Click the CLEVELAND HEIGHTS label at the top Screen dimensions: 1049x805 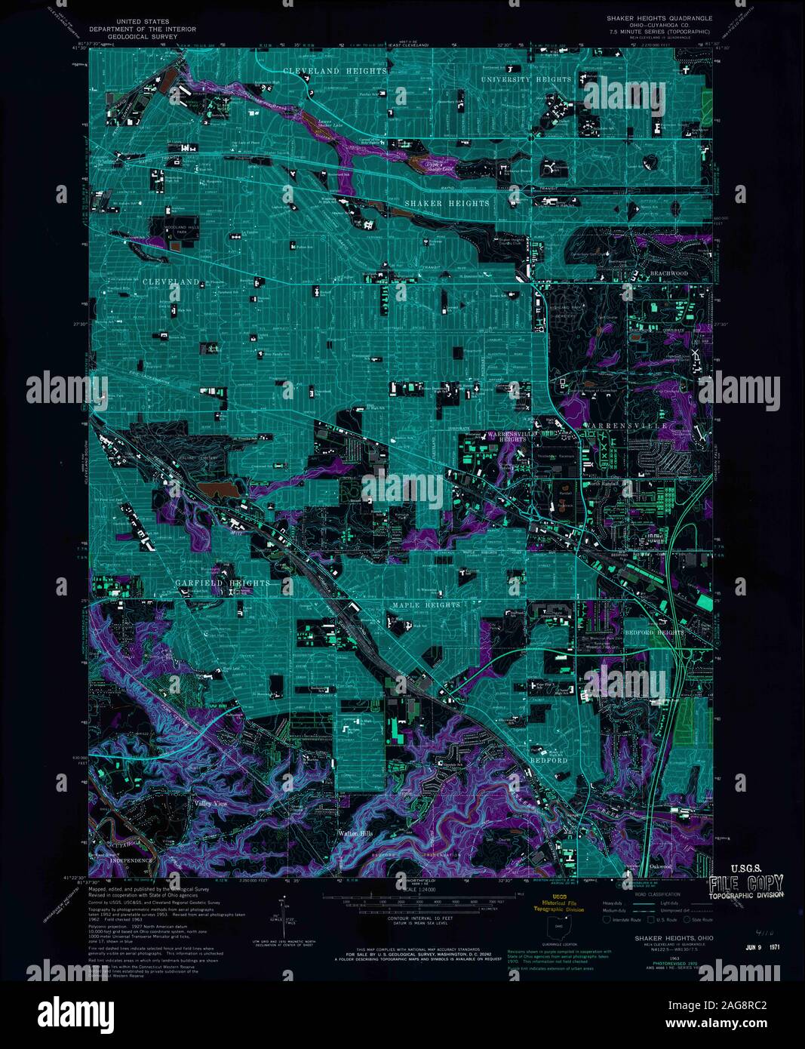(x=335, y=71)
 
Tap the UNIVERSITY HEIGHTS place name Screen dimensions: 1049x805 (x=527, y=79)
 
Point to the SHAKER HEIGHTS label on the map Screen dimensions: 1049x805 (x=447, y=204)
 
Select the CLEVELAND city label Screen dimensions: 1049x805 (x=171, y=281)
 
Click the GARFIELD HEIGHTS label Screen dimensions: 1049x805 (x=222, y=583)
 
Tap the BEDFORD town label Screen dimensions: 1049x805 (x=548, y=761)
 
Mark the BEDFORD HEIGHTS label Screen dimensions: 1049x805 (x=654, y=632)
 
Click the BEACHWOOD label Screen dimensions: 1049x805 (x=669, y=273)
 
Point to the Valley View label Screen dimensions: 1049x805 (x=210, y=804)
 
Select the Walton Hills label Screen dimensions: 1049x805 (x=355, y=834)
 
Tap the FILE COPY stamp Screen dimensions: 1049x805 (x=746, y=884)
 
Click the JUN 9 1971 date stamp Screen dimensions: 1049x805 (x=762, y=948)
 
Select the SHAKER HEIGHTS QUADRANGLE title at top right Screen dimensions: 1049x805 (x=659, y=18)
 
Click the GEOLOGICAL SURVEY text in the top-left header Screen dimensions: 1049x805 (x=143, y=35)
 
